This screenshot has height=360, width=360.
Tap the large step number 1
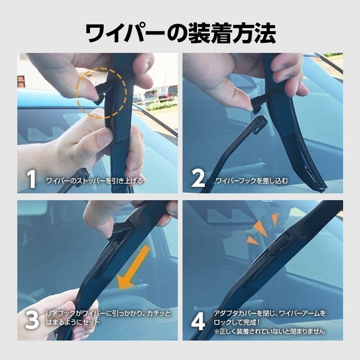[x=31, y=179]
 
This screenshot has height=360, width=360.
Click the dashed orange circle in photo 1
[x=101, y=93]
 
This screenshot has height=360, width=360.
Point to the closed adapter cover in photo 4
[x=279, y=244]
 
